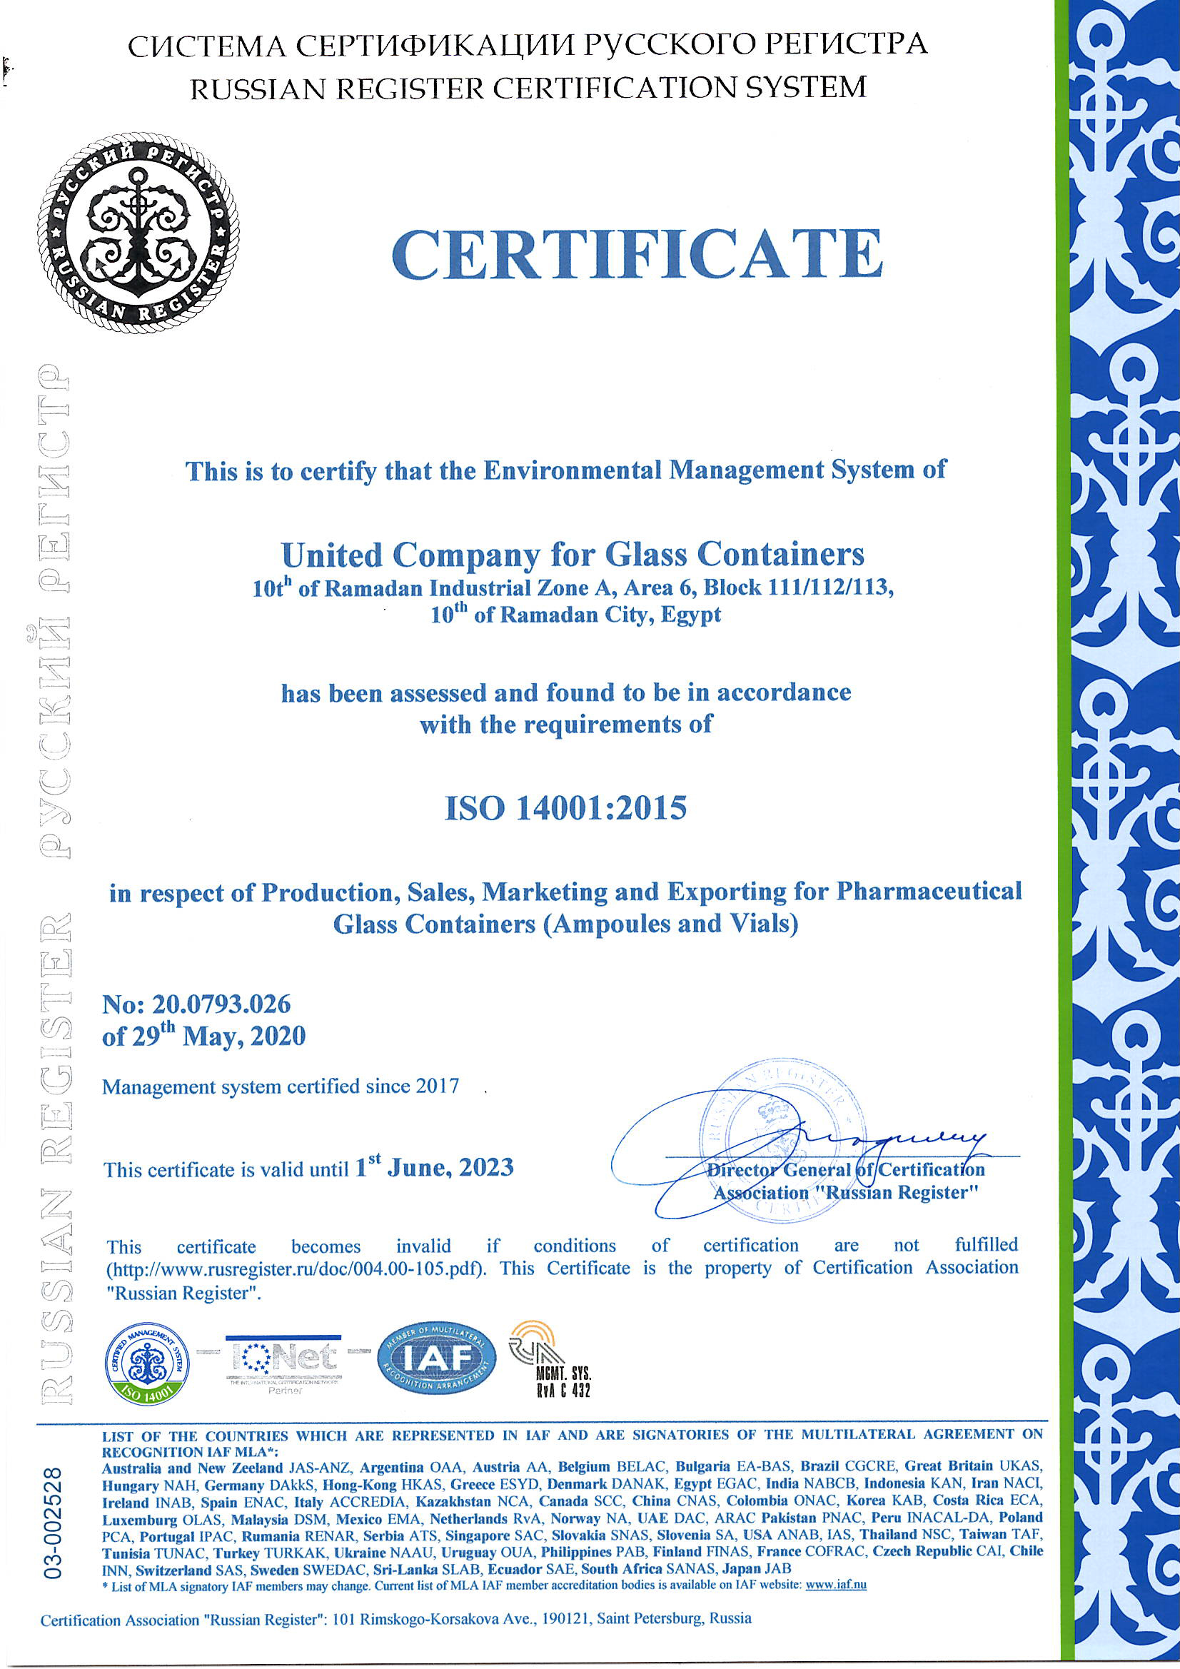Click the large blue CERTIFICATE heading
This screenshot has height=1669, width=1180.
click(637, 254)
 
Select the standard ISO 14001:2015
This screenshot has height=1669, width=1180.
click(565, 807)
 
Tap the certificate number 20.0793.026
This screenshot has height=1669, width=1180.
click(221, 1004)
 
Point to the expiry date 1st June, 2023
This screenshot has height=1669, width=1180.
click(434, 1168)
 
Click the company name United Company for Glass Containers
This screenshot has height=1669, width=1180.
click(573, 555)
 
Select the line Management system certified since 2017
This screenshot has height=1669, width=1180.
click(281, 1086)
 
